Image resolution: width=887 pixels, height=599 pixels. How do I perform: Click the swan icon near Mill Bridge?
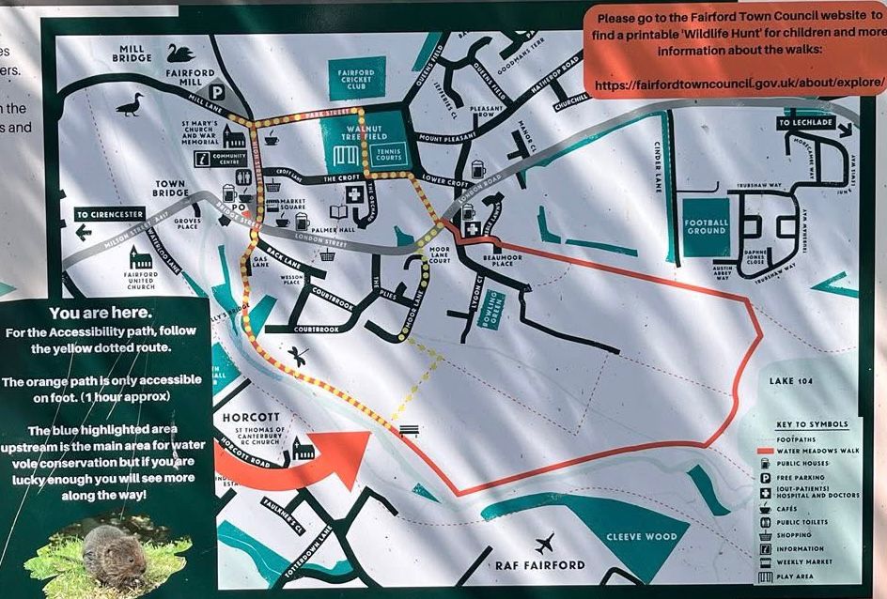tap(180, 52)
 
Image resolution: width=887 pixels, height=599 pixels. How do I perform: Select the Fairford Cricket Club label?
tap(356, 79)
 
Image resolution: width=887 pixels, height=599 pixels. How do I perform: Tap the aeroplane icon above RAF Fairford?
tap(543, 542)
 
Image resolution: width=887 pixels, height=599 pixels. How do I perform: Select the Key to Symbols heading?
tap(813, 424)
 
